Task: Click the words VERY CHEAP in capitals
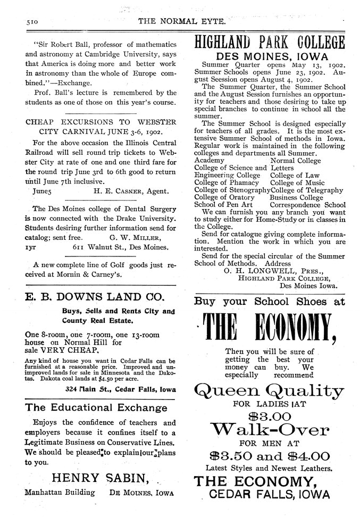(69, 351)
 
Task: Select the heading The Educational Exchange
(96, 408)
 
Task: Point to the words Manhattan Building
(60, 492)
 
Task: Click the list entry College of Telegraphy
(307, 190)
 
